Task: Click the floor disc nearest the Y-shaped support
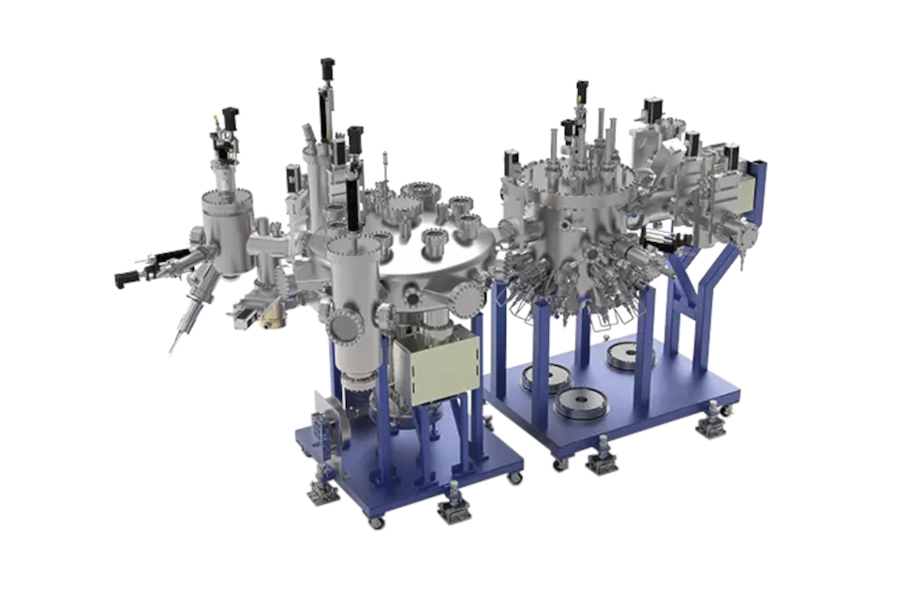pos(629,356)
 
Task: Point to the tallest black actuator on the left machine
pos(327,90)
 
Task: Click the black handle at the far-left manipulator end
pos(125,279)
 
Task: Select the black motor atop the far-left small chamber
pos(230,118)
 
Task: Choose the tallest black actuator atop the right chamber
pos(581,92)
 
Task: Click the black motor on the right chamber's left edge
pos(512,160)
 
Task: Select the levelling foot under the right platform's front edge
pos(601,456)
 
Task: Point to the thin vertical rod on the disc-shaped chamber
pos(384,167)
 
